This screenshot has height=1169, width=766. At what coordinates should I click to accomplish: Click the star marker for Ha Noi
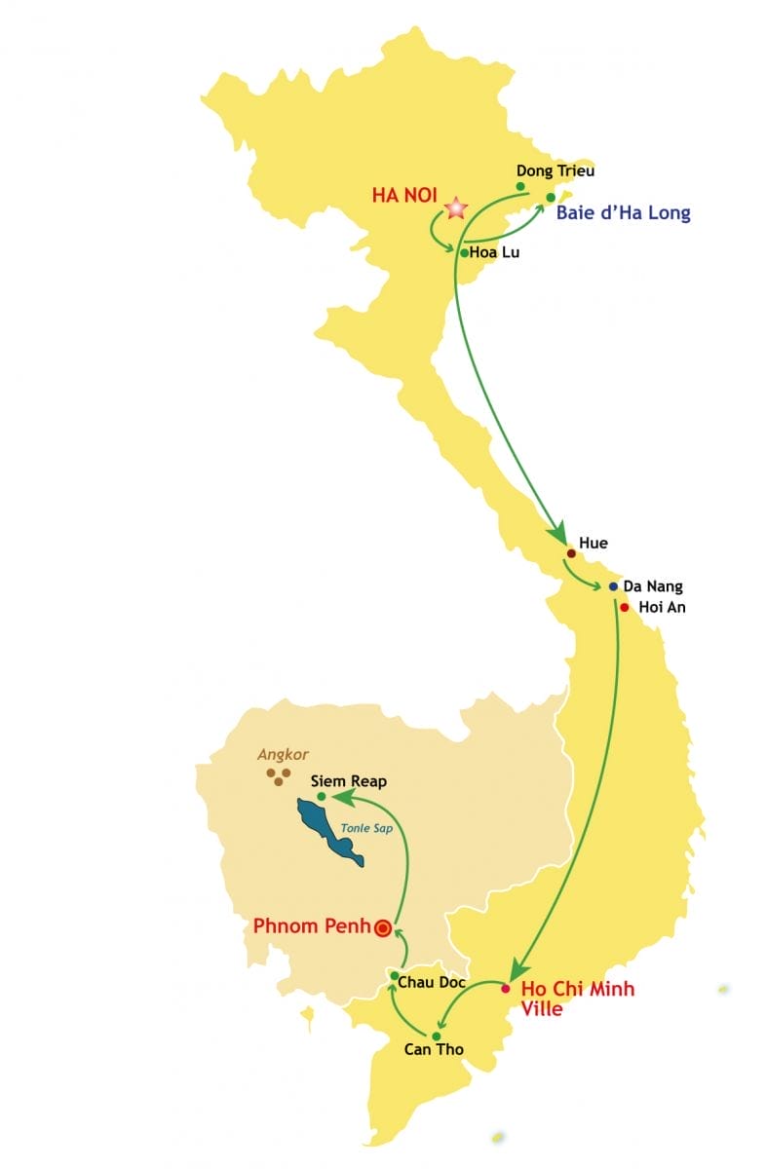[x=455, y=207]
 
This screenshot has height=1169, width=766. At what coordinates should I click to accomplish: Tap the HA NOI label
[x=403, y=195]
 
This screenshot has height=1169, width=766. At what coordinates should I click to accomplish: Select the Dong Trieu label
[x=555, y=170]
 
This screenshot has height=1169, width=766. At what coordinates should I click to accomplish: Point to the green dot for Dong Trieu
[x=520, y=186]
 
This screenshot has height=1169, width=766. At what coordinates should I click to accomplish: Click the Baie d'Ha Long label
[x=623, y=212]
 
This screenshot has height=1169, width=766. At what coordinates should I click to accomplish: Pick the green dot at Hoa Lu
[x=464, y=252]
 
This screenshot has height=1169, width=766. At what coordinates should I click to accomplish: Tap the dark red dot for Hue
[x=570, y=553]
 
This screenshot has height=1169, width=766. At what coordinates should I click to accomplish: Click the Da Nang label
[x=652, y=586]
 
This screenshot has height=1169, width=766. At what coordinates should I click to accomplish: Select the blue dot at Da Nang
[x=613, y=586]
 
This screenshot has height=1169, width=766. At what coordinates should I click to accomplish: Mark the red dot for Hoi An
[x=624, y=607]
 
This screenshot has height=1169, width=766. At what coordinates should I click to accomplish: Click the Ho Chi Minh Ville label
[x=577, y=999]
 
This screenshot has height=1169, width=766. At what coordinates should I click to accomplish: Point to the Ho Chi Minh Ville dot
[x=505, y=989]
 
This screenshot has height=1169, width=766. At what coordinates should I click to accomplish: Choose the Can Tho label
[x=434, y=1049]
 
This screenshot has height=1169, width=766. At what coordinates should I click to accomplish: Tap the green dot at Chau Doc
[x=394, y=975]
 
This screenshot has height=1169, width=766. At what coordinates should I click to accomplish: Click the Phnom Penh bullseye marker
[x=383, y=928]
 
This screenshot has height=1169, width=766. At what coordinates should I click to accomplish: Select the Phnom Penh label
[x=312, y=925]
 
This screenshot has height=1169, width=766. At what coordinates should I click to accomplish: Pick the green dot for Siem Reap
[x=322, y=796]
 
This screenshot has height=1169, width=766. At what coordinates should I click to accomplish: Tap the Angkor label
[x=283, y=754]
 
